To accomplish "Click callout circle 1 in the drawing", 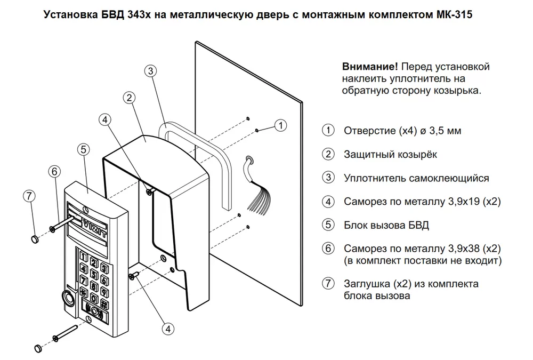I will coord(281,125).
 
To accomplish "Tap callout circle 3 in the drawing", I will coord(151,70).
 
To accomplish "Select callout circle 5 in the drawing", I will coord(82,149).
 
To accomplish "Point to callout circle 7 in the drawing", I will coord(29,195).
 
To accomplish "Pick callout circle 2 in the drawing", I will coord(128,98).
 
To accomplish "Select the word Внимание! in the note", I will coord(369,67).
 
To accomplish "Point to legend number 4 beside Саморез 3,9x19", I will coord(328,202).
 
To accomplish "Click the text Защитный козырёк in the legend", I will coord(390,154).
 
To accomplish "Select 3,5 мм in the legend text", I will coord(450,131).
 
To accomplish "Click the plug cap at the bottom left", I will coord(38,348).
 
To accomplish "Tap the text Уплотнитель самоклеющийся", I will coord(416,178).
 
